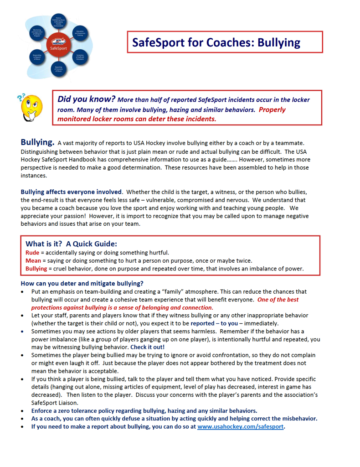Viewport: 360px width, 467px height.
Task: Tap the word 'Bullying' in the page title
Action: pos(279,42)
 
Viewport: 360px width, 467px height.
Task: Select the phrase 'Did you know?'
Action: pos(86,99)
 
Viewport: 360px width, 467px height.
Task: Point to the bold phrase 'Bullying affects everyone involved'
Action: pos(71,192)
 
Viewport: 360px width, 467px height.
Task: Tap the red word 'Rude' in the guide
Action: pos(32,252)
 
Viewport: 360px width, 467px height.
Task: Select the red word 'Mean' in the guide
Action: pos(33,260)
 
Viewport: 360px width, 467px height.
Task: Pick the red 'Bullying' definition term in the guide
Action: pos(36,269)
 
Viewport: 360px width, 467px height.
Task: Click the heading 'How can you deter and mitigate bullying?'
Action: pos(82,283)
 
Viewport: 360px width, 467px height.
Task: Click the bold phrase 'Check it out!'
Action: pos(147,347)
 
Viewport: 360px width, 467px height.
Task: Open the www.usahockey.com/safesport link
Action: pos(240,427)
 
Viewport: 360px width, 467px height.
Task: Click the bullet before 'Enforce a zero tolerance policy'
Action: pos(23,410)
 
